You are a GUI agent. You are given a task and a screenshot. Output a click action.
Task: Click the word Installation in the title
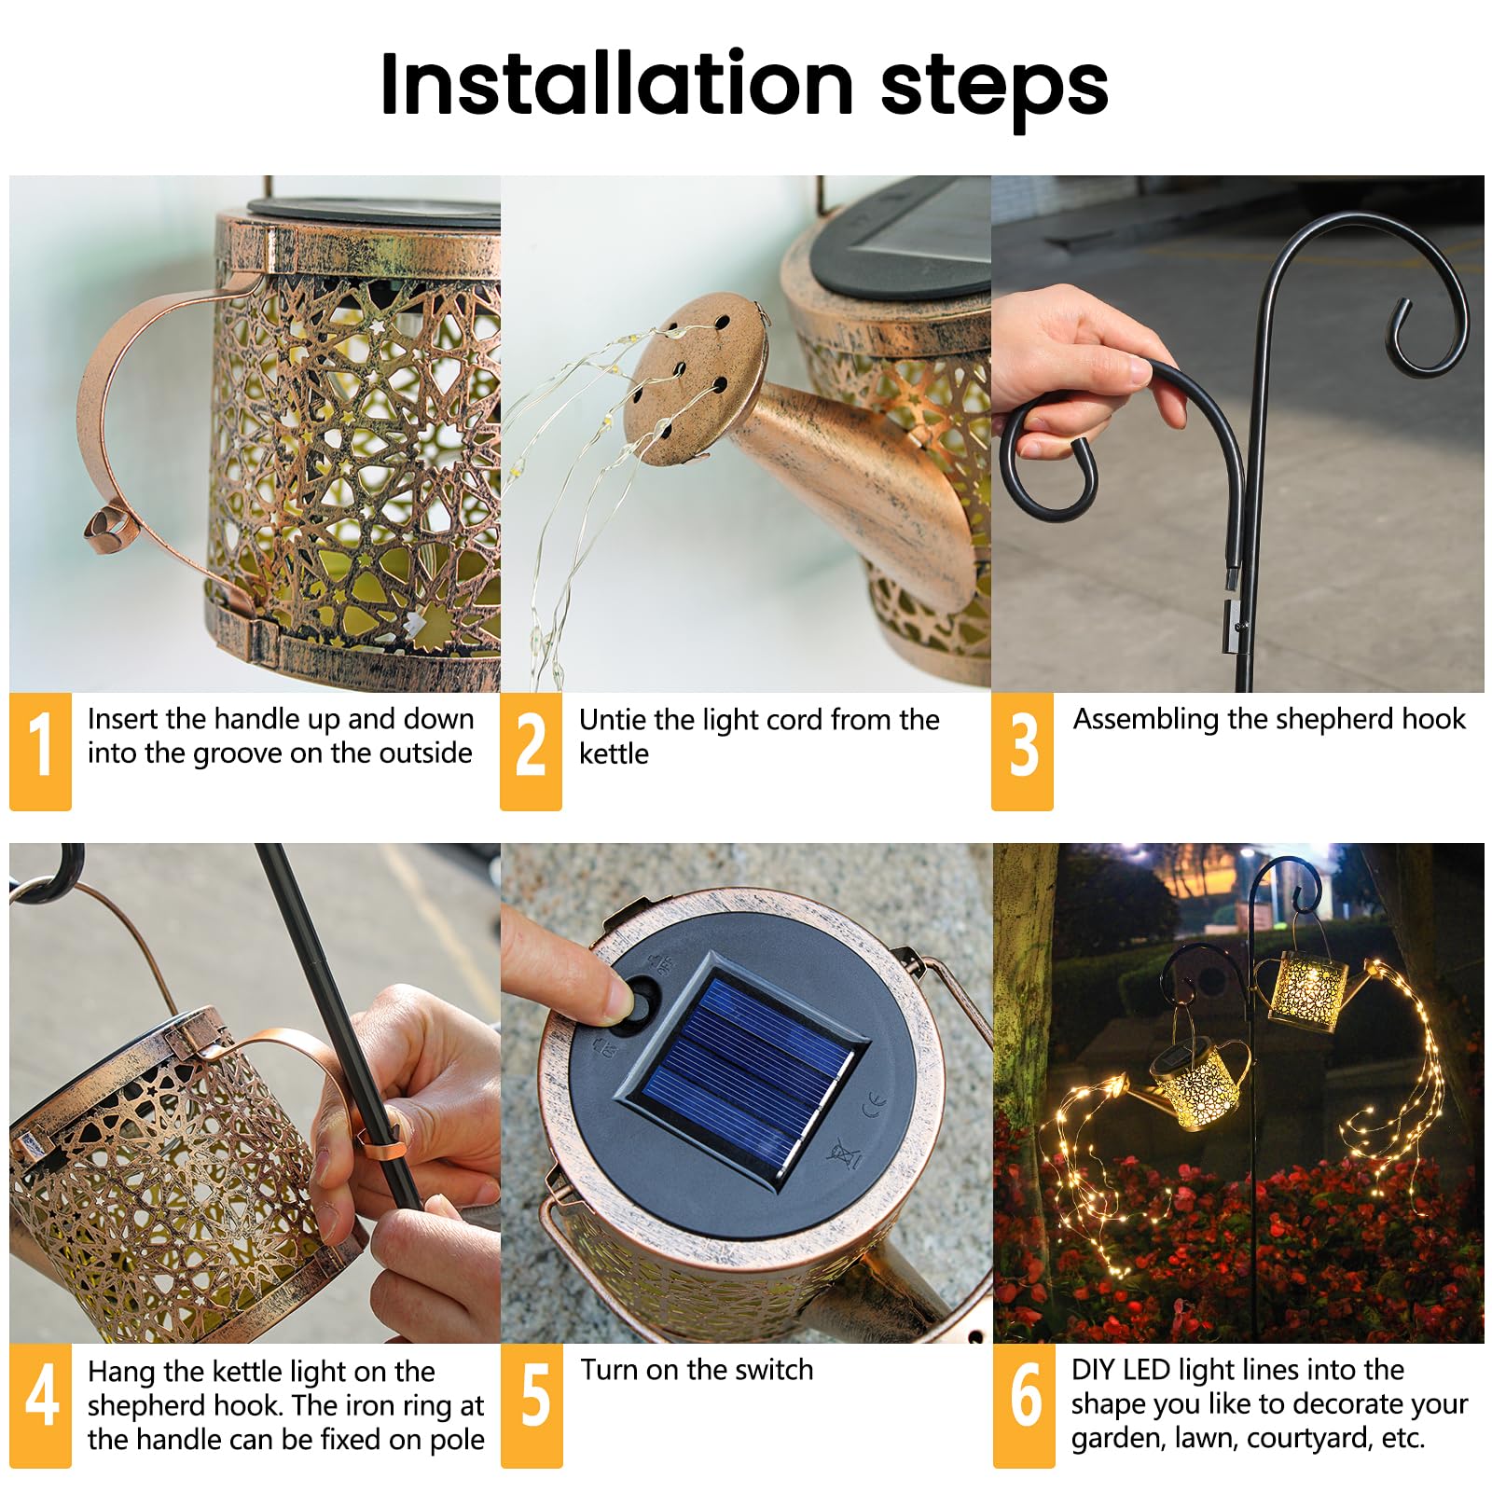616,84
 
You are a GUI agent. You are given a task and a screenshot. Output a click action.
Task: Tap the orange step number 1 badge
40,751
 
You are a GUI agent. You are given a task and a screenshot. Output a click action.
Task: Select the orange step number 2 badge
531,751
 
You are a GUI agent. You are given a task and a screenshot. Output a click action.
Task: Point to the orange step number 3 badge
1022,751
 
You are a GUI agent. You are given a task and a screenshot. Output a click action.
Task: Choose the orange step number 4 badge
40,1405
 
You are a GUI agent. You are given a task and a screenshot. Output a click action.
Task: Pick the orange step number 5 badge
532,1405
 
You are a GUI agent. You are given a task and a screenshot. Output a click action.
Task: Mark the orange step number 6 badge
1024,1405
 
